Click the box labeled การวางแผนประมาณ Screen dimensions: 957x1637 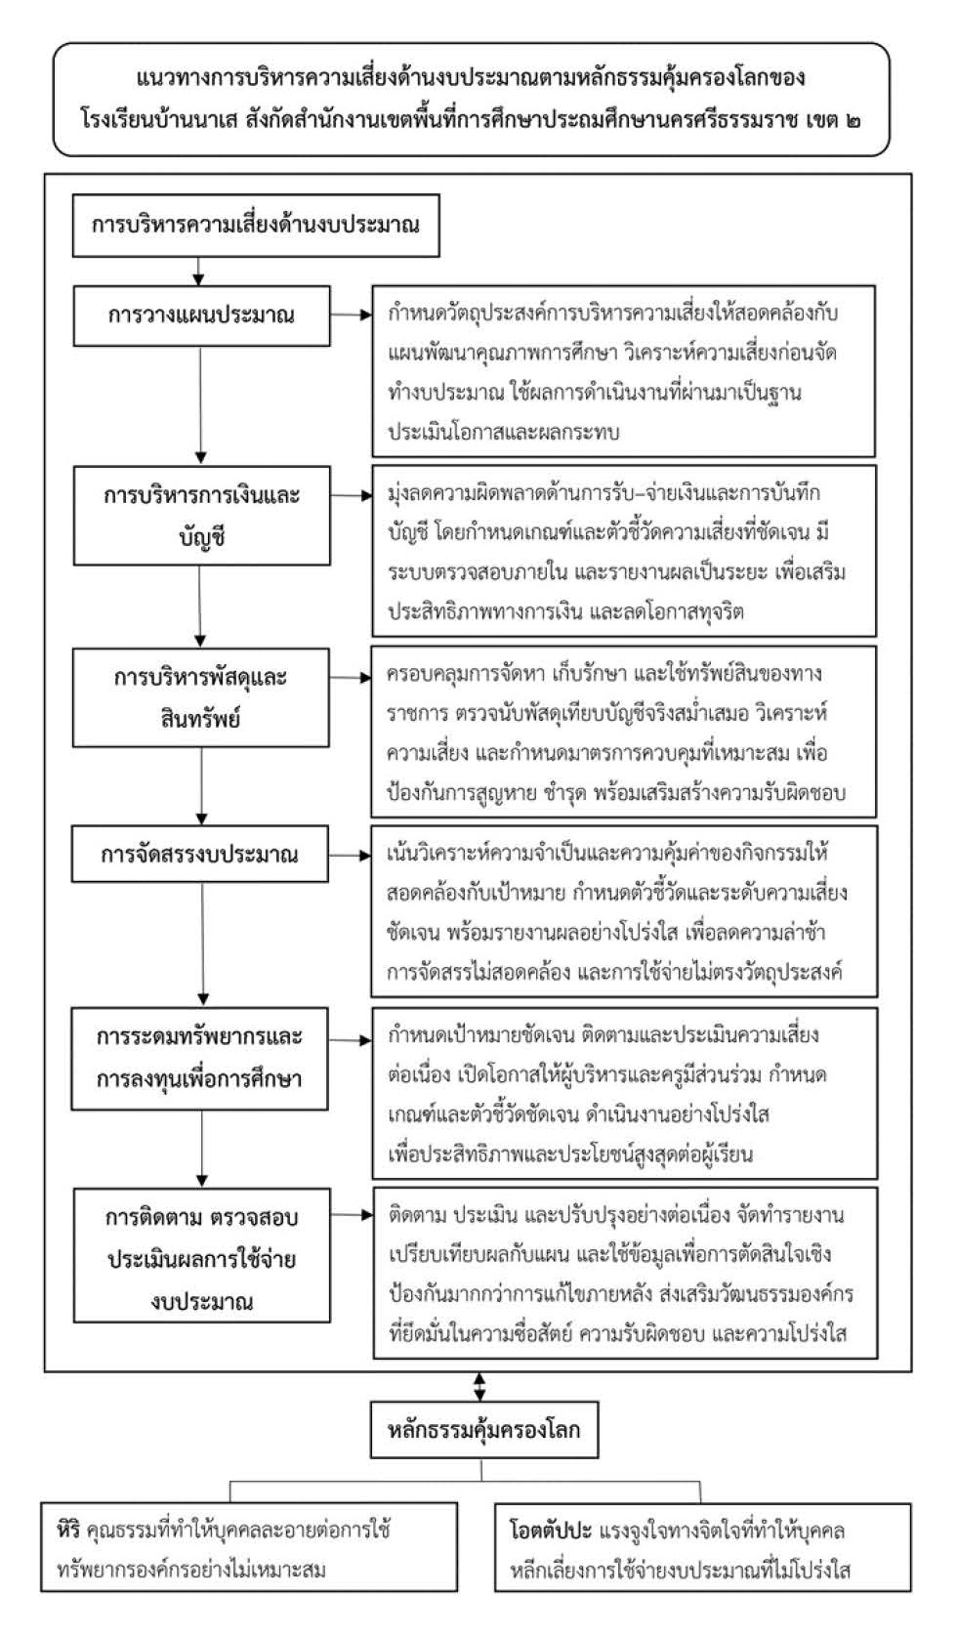click(x=201, y=315)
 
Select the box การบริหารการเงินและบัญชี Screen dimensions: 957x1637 click(x=201, y=515)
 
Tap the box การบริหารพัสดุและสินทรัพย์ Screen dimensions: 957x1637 click(x=201, y=696)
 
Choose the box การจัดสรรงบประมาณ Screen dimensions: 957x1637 click(x=200, y=854)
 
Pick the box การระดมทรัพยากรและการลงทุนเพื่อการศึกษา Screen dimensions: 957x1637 click(x=199, y=1058)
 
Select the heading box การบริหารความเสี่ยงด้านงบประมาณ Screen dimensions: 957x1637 click(x=256, y=225)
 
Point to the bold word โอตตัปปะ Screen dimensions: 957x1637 click(x=551, y=1530)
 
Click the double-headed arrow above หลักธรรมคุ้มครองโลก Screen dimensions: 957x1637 click(x=479, y=1386)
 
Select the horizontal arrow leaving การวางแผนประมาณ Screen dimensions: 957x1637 click(x=352, y=315)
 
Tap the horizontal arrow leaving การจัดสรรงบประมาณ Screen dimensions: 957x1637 click(x=351, y=855)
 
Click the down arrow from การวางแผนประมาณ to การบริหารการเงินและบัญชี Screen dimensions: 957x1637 click(x=201, y=405)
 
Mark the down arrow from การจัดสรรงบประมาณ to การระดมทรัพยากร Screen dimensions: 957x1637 click(x=203, y=944)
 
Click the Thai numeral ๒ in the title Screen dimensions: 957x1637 click(x=851, y=120)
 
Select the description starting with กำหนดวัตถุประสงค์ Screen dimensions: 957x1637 click(x=624, y=371)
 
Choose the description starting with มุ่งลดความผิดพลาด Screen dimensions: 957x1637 click(x=624, y=552)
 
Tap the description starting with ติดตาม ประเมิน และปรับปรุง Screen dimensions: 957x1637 click(x=625, y=1273)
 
